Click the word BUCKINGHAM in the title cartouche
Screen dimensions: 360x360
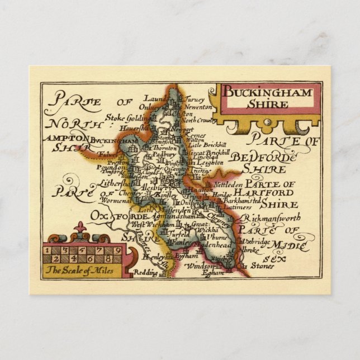click(x=268, y=92)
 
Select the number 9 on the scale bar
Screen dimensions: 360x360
click(x=101, y=250)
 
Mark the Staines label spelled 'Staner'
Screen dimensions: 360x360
click(x=259, y=267)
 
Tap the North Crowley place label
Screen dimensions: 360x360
click(x=197, y=120)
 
